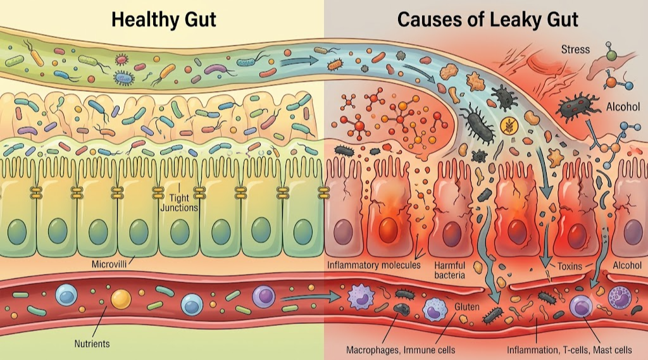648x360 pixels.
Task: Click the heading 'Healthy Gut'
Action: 164,20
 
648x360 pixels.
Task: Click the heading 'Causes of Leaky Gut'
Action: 488,20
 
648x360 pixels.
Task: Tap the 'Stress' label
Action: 575,49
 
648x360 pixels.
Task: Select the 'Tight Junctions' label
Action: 179,203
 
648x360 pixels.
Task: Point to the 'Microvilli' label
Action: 109,264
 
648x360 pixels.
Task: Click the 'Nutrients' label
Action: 92,344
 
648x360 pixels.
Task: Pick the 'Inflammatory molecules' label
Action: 374,265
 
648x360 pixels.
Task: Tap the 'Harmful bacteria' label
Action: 450,270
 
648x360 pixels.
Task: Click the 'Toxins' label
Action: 570,266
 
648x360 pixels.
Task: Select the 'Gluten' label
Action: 467,307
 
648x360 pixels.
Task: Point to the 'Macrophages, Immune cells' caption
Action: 401,350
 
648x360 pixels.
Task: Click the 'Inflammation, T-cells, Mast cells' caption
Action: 570,350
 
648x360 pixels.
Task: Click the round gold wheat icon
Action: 507,126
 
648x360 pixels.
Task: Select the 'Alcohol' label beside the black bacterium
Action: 623,107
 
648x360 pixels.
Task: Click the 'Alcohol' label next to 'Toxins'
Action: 627,265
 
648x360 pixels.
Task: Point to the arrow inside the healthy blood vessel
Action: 311,296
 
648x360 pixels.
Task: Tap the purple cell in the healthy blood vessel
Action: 264,296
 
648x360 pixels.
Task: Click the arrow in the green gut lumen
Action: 299,62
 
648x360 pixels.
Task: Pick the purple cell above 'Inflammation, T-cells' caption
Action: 581,307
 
